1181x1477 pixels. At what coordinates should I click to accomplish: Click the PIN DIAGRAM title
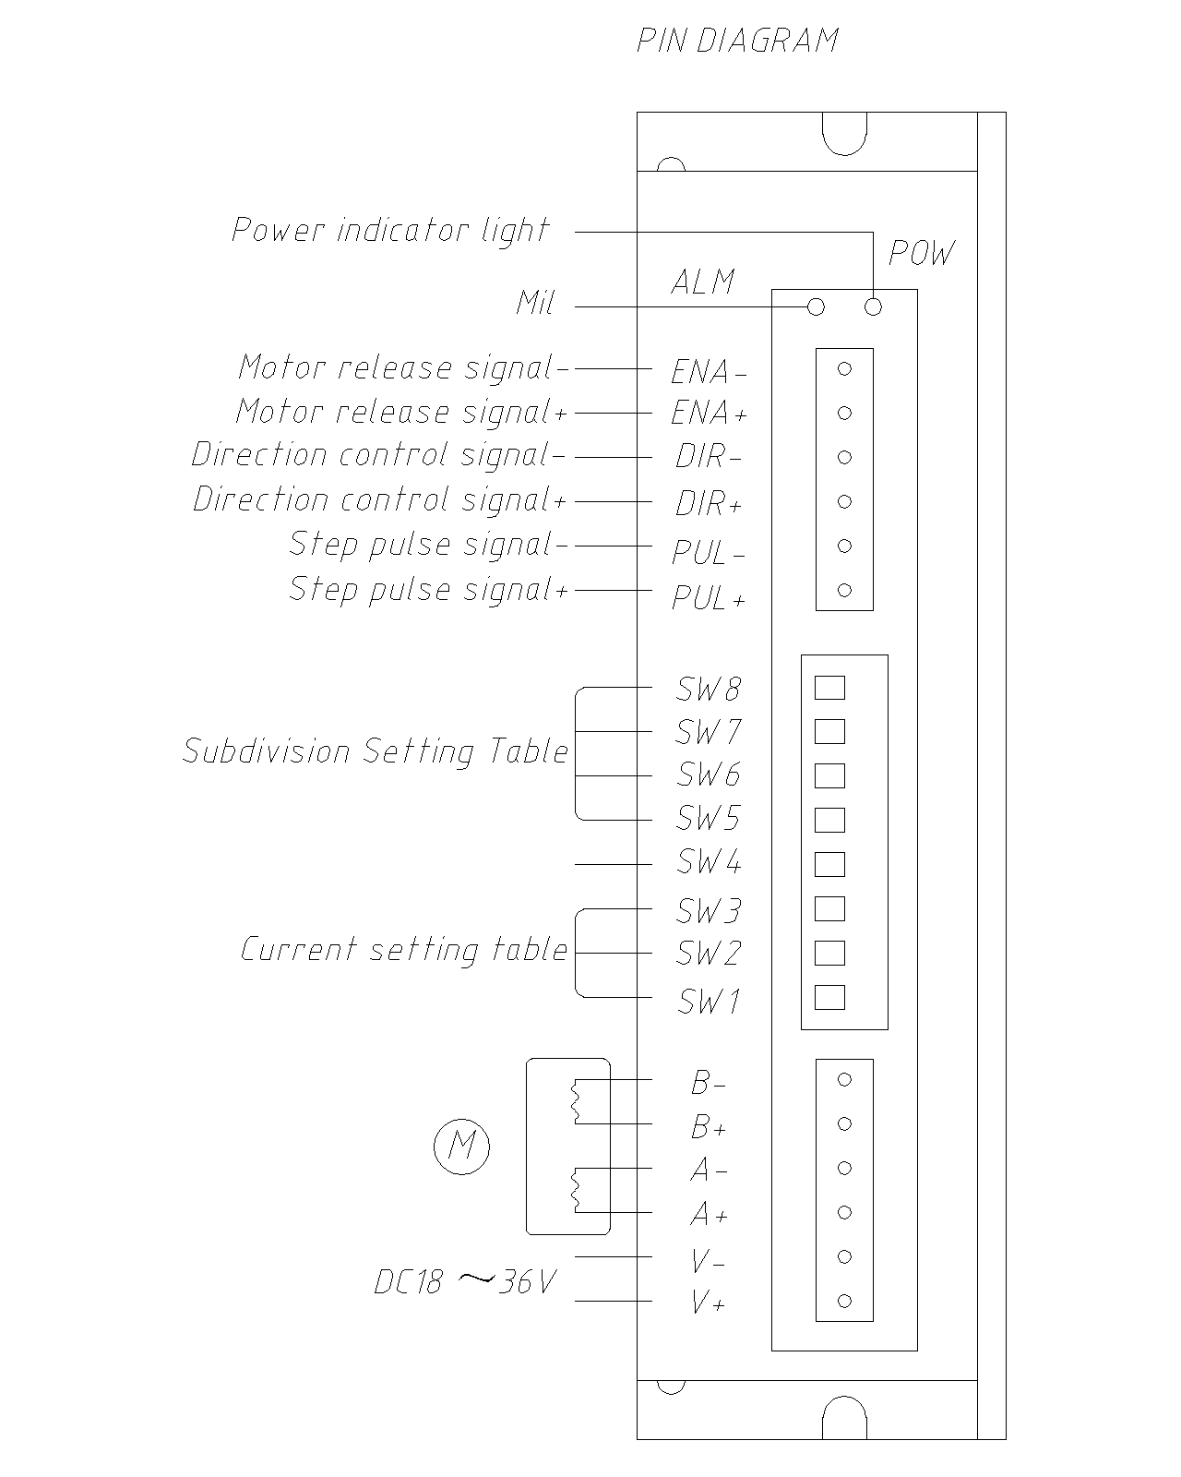737,41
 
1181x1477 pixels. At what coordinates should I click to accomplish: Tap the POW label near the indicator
921,253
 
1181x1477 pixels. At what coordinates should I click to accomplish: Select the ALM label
703,282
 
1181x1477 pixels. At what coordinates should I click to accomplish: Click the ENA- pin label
709,372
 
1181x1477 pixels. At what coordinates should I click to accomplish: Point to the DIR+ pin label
709,504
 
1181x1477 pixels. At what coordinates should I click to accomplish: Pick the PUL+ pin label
709,599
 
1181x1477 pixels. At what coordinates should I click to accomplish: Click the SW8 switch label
709,689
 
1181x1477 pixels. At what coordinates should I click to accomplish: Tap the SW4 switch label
709,862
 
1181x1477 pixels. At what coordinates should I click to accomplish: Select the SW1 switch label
709,1002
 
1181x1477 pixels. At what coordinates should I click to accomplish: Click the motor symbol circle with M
461,1147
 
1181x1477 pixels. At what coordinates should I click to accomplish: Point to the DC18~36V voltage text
465,1281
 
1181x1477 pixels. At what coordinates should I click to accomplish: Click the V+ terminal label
709,1303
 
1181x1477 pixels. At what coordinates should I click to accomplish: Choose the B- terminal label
709,1083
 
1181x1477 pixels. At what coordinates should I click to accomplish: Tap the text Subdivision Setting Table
376,751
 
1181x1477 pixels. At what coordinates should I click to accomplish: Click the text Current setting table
404,950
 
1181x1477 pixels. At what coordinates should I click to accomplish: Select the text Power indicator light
390,230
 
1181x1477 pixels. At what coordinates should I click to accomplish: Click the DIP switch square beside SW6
829,775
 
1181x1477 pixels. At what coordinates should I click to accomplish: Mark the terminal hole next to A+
843,1212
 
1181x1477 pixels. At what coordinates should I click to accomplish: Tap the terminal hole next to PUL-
843,546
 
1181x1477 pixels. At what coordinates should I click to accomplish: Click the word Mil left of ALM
535,303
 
